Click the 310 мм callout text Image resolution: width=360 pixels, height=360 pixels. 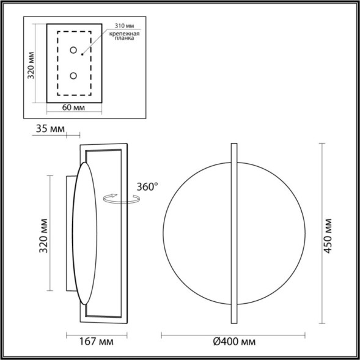pyautogui.click(x=123, y=26)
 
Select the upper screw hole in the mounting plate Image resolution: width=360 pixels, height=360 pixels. pyautogui.click(x=73, y=50)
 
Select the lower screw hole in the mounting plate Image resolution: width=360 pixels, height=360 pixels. pyautogui.click(x=73, y=76)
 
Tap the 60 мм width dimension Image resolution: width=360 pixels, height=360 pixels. pyautogui.click(x=73, y=108)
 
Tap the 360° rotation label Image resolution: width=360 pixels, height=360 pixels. pyautogui.click(x=147, y=186)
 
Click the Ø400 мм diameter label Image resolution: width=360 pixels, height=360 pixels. pyautogui.click(x=233, y=341)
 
